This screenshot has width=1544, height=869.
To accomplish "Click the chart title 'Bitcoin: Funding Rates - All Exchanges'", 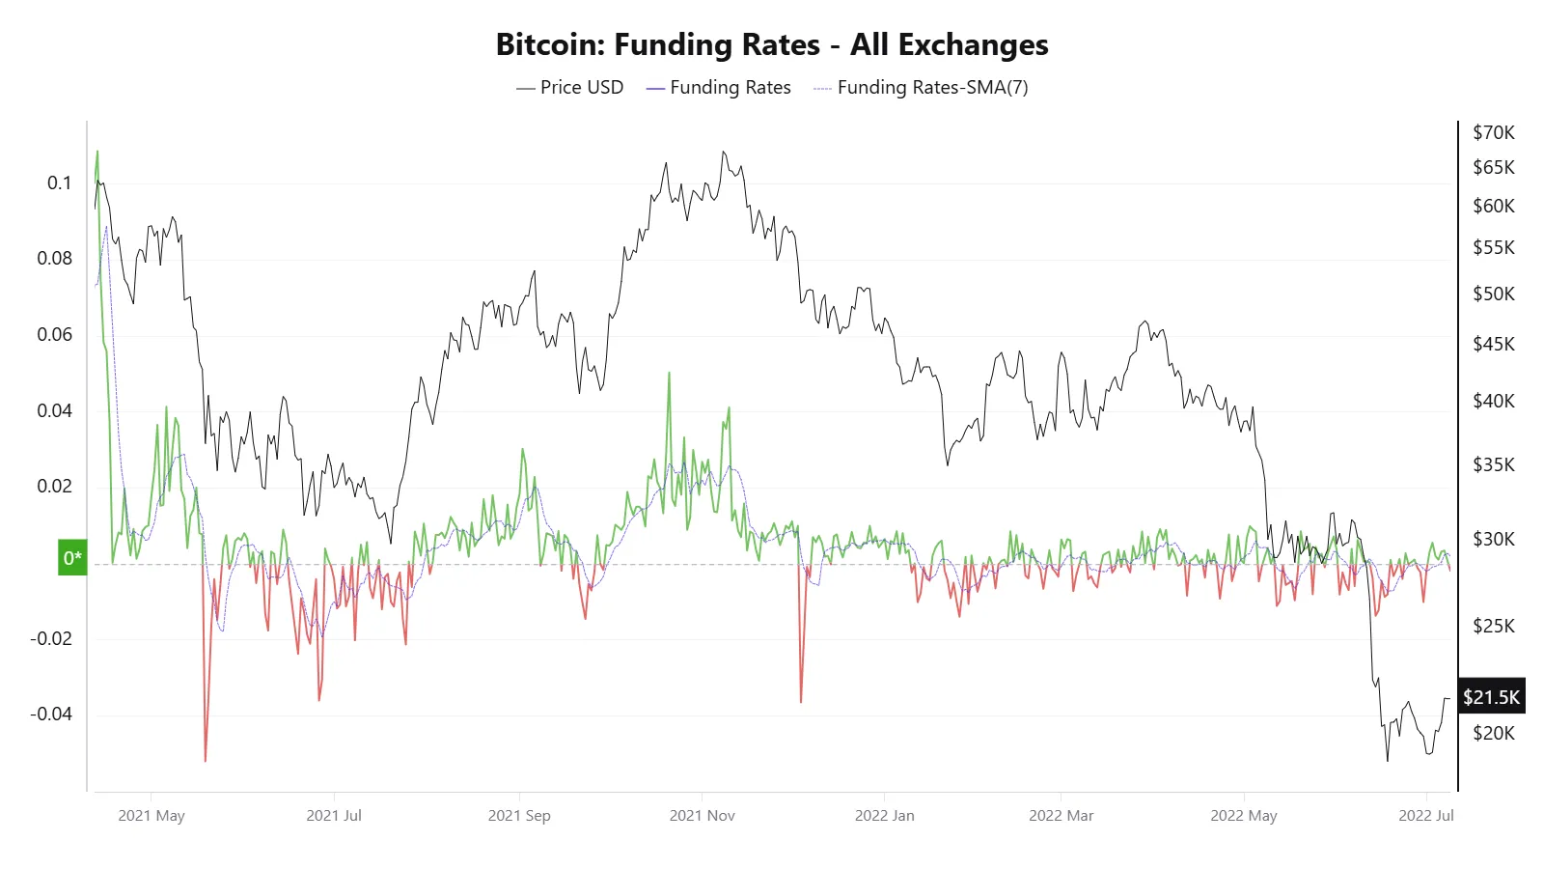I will [x=771, y=44].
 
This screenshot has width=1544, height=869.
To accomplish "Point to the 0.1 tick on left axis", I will [x=59, y=182].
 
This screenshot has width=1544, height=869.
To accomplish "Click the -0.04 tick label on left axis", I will [x=50, y=714].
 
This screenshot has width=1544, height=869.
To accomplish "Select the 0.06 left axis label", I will [x=54, y=334].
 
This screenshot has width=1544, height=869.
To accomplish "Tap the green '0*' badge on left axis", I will [x=72, y=557].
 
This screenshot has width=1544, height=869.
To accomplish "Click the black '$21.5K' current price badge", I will [x=1491, y=696].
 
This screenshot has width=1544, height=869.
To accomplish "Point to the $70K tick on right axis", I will [x=1493, y=132].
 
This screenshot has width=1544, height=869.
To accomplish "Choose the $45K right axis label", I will [x=1493, y=344].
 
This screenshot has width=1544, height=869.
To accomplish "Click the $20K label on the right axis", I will [x=1493, y=733].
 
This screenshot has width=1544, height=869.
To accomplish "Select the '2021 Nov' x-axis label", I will [x=702, y=815].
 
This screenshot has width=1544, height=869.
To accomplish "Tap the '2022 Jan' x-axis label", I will [x=884, y=815].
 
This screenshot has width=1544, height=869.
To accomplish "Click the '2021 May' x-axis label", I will [x=152, y=815].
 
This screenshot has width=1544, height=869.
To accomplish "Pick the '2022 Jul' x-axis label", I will [x=1425, y=815].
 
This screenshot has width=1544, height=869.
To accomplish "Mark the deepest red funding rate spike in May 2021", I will [x=206, y=759].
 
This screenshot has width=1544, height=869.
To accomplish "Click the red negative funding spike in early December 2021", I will [x=801, y=700].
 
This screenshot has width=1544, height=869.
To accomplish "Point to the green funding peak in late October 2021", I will [x=669, y=375].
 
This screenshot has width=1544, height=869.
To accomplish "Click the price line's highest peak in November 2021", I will [x=724, y=153].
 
